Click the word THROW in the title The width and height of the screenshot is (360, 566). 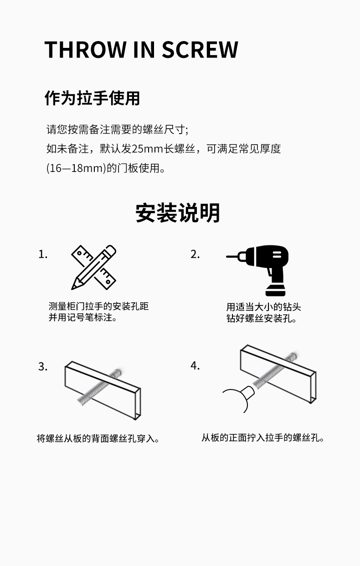(85, 49)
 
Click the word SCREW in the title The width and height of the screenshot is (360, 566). (200, 49)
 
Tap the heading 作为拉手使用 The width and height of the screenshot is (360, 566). (92, 98)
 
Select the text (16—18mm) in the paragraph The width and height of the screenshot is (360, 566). (76, 168)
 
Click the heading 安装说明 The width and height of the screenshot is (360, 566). (177, 213)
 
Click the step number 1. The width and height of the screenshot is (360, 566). (43, 254)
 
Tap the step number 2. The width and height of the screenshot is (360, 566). (195, 254)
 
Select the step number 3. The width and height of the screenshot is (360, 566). (43, 367)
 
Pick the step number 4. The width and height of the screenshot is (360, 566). (195, 366)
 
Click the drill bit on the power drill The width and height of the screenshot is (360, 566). (232, 256)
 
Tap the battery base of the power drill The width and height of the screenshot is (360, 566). (275, 291)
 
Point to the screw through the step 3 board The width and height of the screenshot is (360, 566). (100, 387)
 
